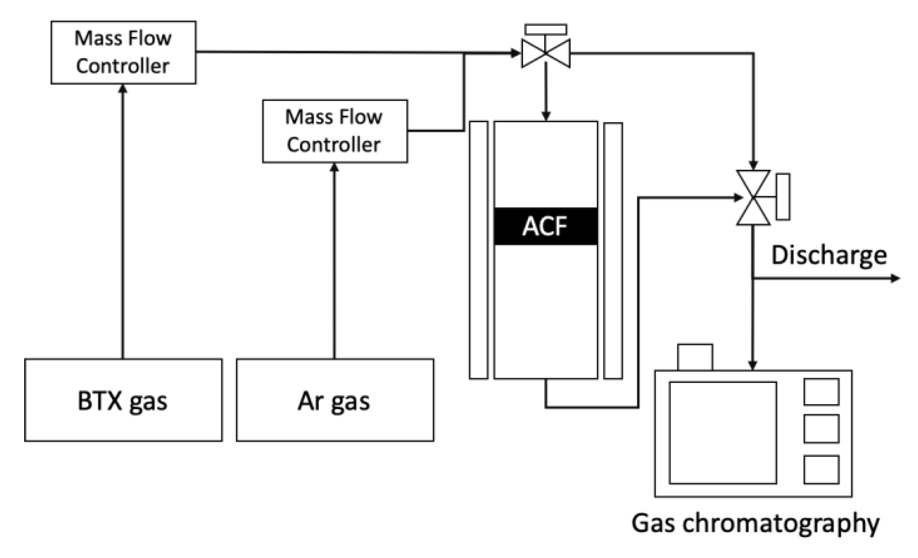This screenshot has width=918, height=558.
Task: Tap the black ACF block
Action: coord(546,226)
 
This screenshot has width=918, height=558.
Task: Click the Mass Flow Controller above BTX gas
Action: coord(123,53)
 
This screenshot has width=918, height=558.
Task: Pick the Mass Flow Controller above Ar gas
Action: coord(335,131)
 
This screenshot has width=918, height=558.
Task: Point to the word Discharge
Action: coord(829,255)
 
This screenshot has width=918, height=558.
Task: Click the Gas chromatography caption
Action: coord(755,523)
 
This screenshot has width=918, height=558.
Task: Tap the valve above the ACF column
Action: coord(546,53)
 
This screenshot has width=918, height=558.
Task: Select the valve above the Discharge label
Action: coord(753,198)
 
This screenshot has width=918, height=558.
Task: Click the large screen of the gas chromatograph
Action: coord(723,432)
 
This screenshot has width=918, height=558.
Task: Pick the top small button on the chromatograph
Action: coord(821,392)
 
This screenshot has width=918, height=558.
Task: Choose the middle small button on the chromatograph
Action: coord(821,428)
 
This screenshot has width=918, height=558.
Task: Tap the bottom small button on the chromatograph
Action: coord(821,470)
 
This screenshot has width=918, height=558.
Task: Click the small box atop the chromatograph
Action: coord(695,357)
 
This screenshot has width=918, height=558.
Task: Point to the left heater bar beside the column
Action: coord(478,250)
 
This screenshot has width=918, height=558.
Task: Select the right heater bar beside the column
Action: coord(613,251)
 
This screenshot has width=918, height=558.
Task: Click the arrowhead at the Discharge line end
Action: coord(895,278)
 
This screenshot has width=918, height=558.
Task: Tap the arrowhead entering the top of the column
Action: coord(546,116)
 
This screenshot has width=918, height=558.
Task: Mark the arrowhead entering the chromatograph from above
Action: coord(752,365)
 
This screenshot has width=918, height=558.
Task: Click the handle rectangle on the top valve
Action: coord(546,30)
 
